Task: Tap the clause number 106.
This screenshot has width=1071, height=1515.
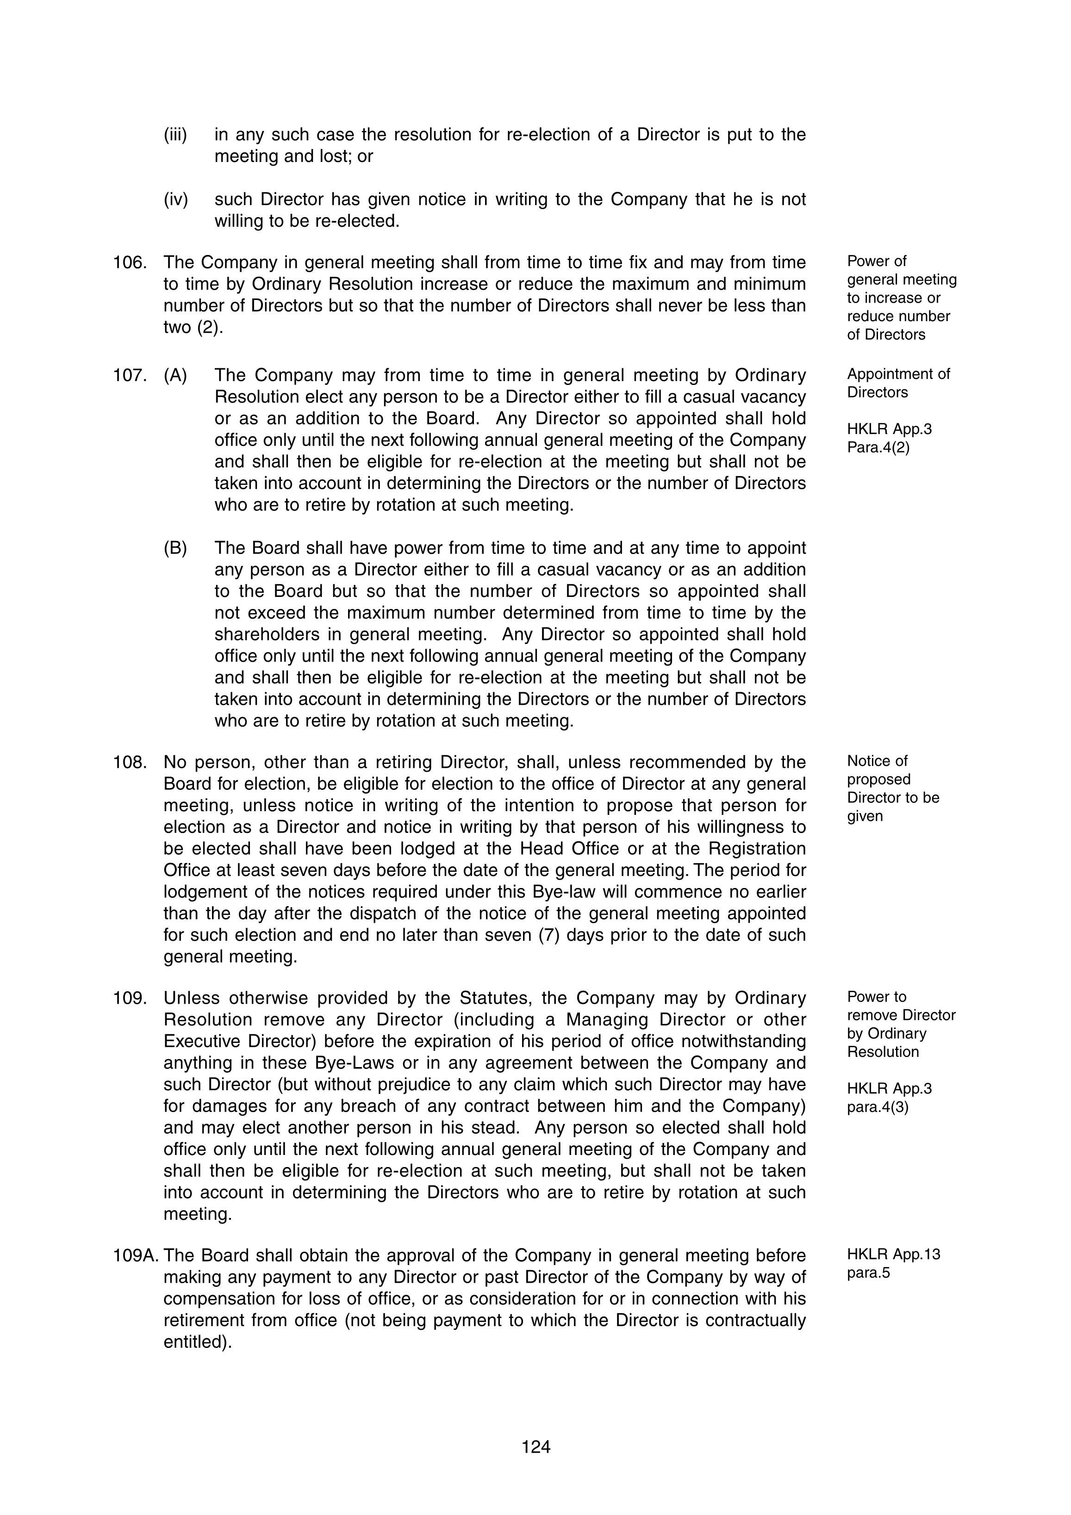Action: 129,263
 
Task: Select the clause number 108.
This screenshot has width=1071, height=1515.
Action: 129,762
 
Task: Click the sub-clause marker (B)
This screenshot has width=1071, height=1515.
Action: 175,548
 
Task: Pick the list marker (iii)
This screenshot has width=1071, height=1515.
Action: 175,135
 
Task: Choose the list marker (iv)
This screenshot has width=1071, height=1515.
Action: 175,199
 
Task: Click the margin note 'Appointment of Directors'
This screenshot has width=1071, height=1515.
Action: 898,383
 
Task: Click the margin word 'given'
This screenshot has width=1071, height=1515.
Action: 865,816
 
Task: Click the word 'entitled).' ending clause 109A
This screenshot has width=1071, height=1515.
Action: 197,1342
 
